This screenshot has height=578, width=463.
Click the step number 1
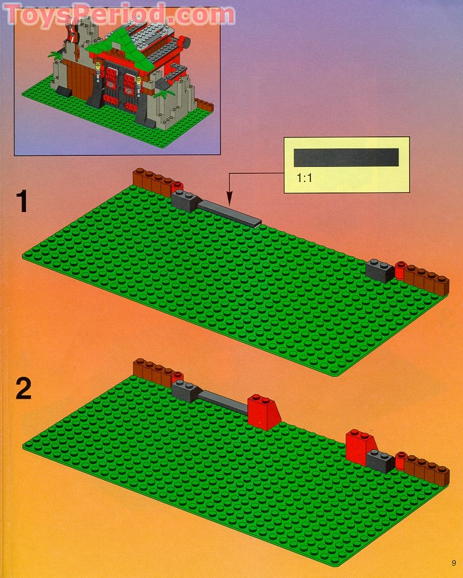click(22, 202)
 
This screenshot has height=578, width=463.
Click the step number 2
click(23, 388)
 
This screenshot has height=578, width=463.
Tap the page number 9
click(452, 563)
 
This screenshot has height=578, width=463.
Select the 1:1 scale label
click(305, 179)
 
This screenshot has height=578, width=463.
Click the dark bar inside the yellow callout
click(346, 157)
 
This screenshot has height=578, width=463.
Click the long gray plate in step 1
click(230, 213)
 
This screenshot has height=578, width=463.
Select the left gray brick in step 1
click(186, 199)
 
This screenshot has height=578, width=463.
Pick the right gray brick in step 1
click(380, 271)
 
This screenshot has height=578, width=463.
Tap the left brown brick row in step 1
click(152, 181)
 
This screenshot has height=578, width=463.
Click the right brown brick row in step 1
click(427, 279)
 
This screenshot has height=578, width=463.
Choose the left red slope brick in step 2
click(263, 412)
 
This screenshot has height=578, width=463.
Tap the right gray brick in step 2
click(381, 460)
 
